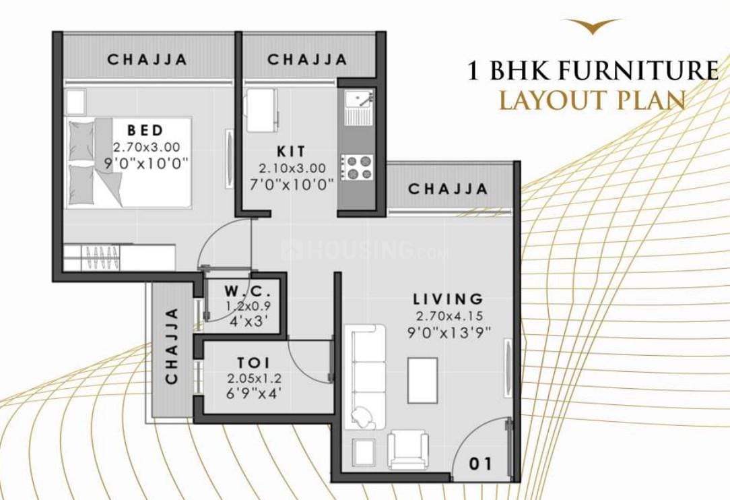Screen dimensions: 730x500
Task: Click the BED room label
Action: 145,129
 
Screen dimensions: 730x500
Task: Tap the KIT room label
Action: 292,152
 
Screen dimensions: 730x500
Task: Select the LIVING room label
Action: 449,299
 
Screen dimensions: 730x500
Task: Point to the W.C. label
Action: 247,292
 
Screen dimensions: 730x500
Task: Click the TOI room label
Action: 254,363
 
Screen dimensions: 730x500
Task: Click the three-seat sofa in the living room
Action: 365,377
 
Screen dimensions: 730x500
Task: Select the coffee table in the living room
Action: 422,380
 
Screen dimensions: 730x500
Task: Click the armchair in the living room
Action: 408,449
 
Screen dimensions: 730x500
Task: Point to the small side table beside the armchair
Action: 364,452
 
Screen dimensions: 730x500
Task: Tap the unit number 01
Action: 480,464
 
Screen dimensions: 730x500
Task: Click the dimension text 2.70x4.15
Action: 449,316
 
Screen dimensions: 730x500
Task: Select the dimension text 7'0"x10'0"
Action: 292,185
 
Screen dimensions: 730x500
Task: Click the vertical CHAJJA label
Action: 172,346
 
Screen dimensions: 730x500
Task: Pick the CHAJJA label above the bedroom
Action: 147,60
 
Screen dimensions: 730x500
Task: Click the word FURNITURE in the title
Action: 638,70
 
